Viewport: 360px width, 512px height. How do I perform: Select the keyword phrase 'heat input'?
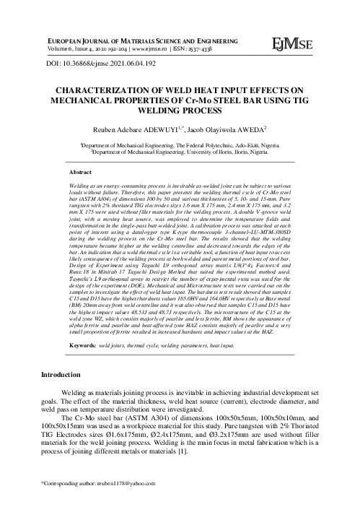[229, 347]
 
